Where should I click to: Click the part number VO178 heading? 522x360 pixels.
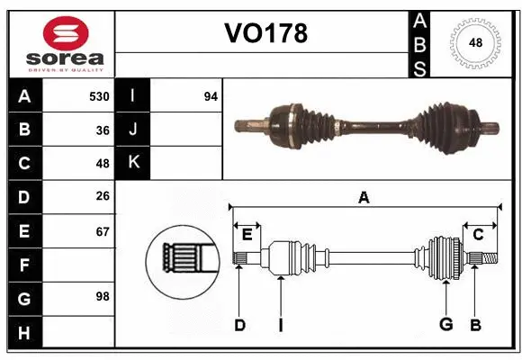(x=265, y=33)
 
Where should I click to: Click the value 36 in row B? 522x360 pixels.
(x=103, y=130)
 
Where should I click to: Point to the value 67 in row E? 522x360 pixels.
(x=103, y=232)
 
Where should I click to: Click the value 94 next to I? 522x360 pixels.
(x=211, y=96)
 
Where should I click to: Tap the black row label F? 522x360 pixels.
(x=23, y=265)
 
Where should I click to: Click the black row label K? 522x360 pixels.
(x=134, y=162)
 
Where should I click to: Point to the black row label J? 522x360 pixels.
(x=134, y=130)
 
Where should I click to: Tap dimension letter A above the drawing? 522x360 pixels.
(x=364, y=198)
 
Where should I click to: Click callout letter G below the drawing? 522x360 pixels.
(x=445, y=324)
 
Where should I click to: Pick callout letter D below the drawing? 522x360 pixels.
(x=239, y=324)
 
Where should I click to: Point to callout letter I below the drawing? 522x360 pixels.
(x=281, y=324)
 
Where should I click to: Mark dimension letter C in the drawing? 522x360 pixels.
(x=478, y=235)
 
